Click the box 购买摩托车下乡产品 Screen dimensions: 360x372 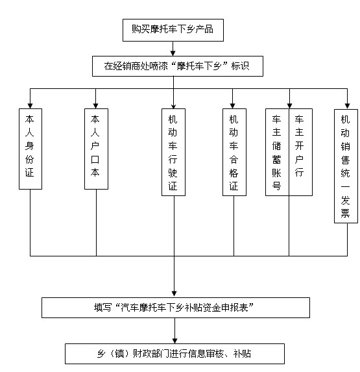[173, 30]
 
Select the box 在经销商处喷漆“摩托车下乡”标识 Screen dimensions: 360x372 [178, 66]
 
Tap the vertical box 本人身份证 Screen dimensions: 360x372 [30, 149]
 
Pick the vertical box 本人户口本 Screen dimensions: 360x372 [96, 149]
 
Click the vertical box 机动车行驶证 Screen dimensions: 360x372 [173, 153]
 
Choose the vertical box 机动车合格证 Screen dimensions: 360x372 [234, 153]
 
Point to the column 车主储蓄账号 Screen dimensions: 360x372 [277, 153]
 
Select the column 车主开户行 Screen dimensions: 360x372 [300, 153]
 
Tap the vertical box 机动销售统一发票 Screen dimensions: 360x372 [346, 166]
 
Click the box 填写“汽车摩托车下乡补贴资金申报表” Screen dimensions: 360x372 [176, 308]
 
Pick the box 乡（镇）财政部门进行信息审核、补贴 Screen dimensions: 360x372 [174, 353]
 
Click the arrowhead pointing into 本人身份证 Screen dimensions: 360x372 [30, 106]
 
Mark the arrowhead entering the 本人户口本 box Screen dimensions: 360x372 [96, 106]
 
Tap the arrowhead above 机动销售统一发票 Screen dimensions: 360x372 [347, 106]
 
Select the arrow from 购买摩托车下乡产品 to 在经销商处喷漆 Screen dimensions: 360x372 [173, 49]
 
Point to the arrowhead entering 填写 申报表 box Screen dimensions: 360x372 [174, 294]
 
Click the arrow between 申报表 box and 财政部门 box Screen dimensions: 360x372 [175, 330]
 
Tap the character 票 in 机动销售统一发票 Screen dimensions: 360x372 [345, 214]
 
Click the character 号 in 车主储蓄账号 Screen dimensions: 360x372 [276, 186]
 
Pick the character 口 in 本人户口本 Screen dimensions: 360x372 [95, 160]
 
